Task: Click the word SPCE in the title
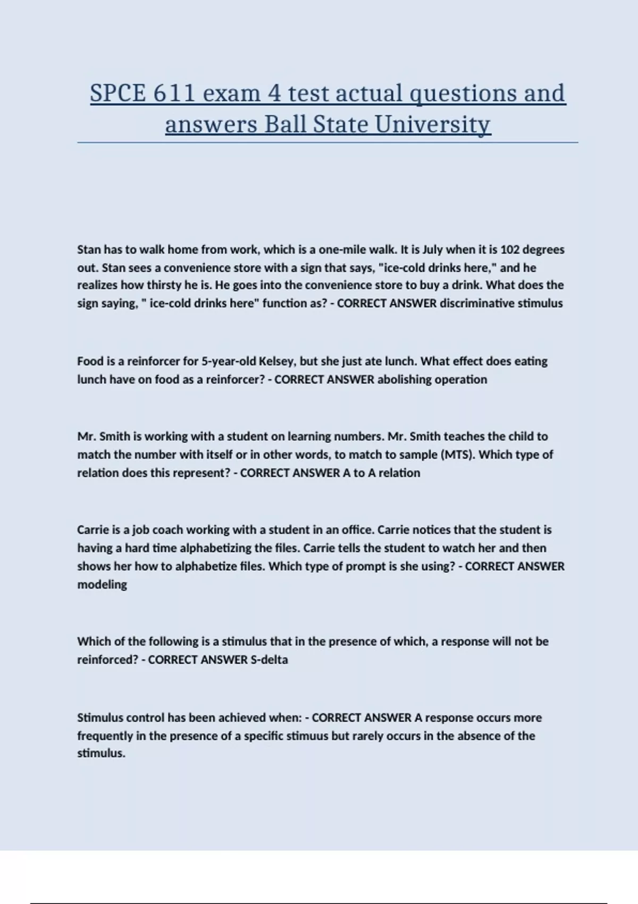(x=117, y=94)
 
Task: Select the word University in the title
(x=432, y=125)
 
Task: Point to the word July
(x=432, y=249)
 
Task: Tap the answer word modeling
(x=102, y=584)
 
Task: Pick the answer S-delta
(x=269, y=659)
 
